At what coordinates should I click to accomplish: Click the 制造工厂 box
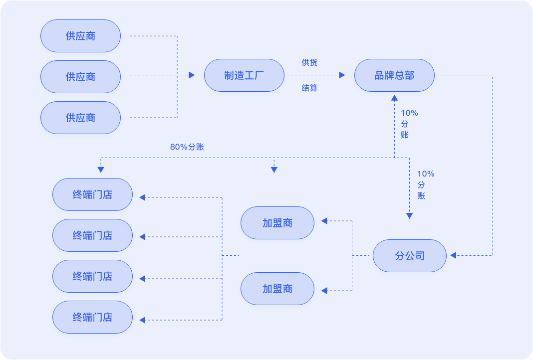[244, 75]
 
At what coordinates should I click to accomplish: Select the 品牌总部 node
[394, 75]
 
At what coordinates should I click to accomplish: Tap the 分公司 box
[409, 256]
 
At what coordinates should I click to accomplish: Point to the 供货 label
[309, 63]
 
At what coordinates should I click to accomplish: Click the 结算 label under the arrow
[309, 88]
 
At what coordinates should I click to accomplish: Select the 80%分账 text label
[187, 147]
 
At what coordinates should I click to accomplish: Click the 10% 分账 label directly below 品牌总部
[409, 124]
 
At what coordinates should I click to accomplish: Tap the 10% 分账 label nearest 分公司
[426, 184]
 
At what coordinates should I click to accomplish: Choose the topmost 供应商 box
[80, 36]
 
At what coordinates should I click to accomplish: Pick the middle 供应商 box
[80, 77]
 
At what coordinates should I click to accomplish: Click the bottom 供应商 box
[80, 118]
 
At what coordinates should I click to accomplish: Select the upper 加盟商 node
[277, 223]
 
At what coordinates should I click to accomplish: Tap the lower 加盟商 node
[277, 289]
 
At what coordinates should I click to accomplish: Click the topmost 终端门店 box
[92, 194]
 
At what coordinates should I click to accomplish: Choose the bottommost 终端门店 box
[92, 317]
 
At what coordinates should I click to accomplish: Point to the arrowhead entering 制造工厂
[192, 75]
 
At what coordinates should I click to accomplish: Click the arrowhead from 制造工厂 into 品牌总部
[342, 75]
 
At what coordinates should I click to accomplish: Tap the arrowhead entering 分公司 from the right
[453, 256]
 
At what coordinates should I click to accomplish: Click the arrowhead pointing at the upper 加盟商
[324, 220]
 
